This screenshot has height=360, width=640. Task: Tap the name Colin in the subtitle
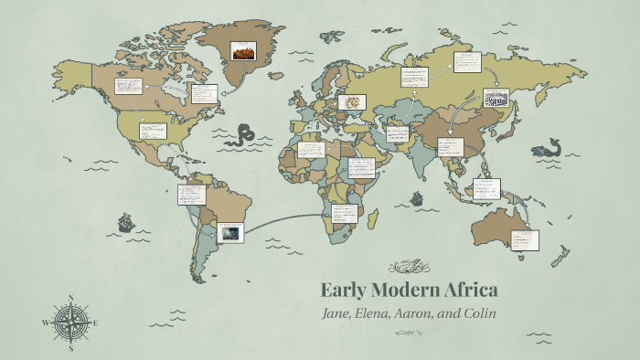478,313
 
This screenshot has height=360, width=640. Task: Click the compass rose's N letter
71,297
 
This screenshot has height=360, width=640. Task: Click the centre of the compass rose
71,323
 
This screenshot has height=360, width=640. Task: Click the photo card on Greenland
243,50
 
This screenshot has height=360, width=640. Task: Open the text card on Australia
525,240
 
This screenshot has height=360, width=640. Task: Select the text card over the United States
152,131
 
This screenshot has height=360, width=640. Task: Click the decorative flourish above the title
409,267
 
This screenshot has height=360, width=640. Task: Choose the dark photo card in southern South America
229,232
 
